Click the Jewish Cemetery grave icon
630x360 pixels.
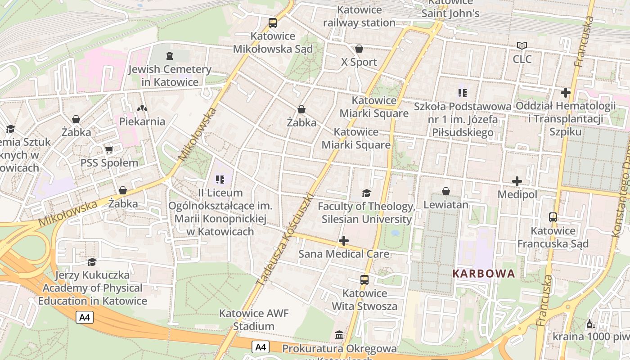(x=169, y=56)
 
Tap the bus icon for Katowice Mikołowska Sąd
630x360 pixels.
(x=272, y=22)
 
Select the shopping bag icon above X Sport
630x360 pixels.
(x=359, y=49)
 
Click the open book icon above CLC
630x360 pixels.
(x=522, y=46)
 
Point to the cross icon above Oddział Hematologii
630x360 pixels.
(x=566, y=93)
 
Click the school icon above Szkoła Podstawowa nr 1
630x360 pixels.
(x=462, y=93)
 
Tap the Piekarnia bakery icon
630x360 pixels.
(x=142, y=108)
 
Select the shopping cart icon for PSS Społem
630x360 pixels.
(x=109, y=149)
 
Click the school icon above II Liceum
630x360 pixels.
(x=220, y=180)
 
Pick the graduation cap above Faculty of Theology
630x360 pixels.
(x=366, y=193)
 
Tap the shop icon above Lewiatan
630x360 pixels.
(x=445, y=192)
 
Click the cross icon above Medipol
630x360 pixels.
(x=517, y=181)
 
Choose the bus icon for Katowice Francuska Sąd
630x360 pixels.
(x=553, y=217)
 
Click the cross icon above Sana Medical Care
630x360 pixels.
(x=344, y=241)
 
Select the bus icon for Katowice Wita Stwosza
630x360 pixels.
(x=364, y=280)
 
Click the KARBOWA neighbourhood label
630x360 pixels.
(x=484, y=274)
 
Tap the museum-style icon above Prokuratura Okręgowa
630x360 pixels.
(x=339, y=335)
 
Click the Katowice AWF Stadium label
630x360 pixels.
(x=254, y=319)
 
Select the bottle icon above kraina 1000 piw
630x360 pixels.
(x=591, y=324)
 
